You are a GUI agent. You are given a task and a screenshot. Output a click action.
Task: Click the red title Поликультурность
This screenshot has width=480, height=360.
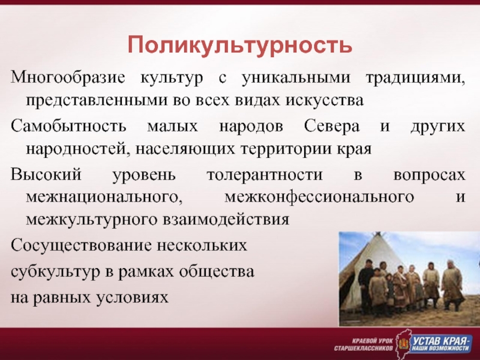click(x=239, y=44)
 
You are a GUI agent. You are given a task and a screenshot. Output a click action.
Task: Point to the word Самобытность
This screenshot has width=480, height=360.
click(x=68, y=126)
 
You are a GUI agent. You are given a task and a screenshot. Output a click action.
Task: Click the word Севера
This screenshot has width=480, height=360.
click(x=332, y=126)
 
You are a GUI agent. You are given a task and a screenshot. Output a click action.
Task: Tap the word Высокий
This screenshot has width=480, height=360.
click(x=46, y=175)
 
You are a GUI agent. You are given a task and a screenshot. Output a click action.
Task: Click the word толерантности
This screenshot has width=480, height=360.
click(x=265, y=175)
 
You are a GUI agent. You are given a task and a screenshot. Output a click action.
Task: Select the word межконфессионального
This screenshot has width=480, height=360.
click(x=320, y=197)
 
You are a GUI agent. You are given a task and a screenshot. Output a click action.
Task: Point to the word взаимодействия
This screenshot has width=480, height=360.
click(x=226, y=220)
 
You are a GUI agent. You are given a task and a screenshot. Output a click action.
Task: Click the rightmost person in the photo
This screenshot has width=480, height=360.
click(x=452, y=284)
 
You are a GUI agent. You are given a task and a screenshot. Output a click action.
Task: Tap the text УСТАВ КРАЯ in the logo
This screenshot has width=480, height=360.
click(x=440, y=340)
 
